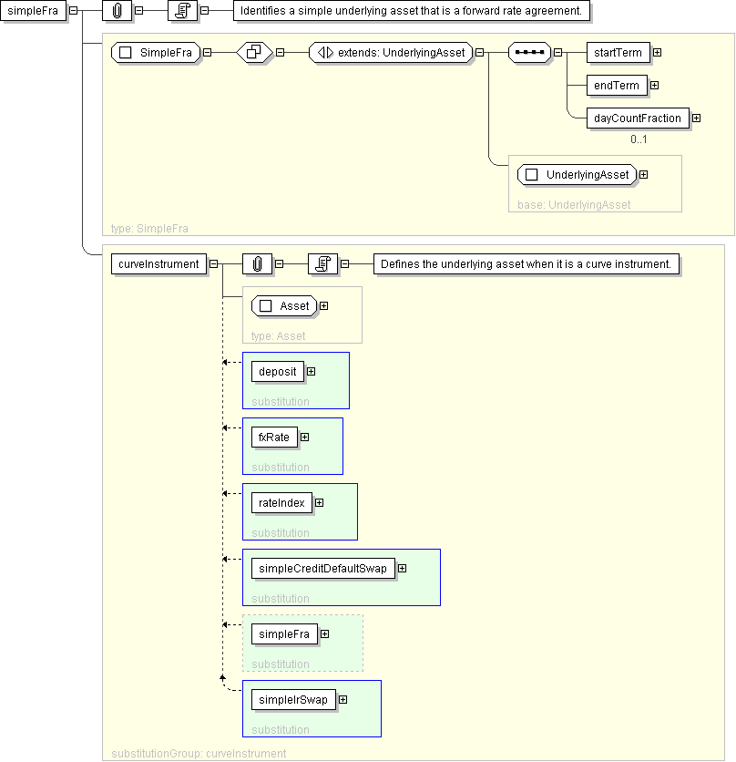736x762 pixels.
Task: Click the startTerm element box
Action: (618, 53)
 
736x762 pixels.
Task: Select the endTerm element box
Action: (617, 86)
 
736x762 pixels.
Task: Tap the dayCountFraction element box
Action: (638, 118)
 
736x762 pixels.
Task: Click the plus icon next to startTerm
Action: (658, 53)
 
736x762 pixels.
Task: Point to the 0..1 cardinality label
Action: (639, 139)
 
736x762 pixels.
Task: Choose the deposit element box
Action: (278, 372)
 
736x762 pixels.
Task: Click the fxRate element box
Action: (274, 438)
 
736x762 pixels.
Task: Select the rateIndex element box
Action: (281, 503)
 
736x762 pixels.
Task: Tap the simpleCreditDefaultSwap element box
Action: (323, 569)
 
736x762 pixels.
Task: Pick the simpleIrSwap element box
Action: (293, 700)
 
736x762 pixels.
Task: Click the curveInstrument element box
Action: (158, 264)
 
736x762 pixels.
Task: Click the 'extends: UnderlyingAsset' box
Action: (391, 53)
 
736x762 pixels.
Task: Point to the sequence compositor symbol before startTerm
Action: (529, 53)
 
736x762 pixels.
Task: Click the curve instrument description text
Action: (526, 264)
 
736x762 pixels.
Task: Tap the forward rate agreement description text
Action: (411, 11)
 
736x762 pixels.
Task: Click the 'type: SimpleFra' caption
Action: (149, 229)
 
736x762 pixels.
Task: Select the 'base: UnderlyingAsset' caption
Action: (574, 205)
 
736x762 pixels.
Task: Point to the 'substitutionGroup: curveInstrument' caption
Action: (199, 753)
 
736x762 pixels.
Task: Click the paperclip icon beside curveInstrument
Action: (258, 264)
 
